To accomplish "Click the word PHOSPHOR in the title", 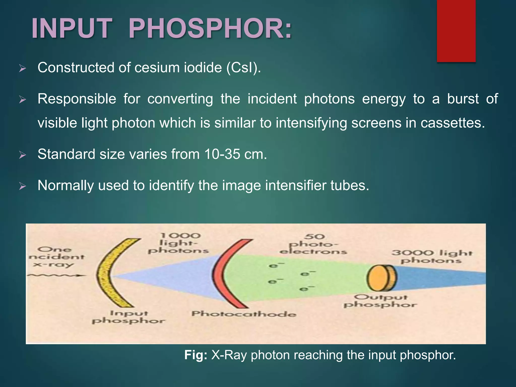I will pos(210,28).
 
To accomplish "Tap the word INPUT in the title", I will pos(72,28).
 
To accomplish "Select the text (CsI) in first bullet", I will pos(243,68).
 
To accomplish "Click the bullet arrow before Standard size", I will pos(22,155).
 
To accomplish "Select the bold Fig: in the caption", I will pos(196,355).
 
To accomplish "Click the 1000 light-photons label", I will pos(178,243).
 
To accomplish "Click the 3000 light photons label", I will pos(431,256).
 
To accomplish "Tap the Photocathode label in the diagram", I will pos(244,314).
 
